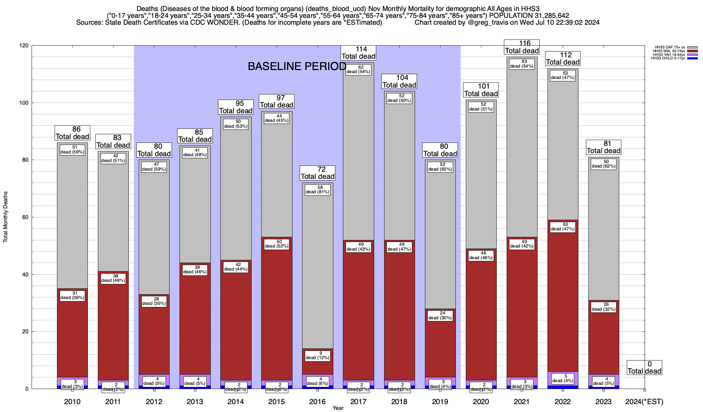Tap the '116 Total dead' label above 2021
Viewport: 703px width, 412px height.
pyautogui.click(x=522, y=47)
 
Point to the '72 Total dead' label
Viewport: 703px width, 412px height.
pyautogui.click(x=318, y=173)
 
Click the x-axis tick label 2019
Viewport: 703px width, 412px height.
pyautogui.click(x=440, y=402)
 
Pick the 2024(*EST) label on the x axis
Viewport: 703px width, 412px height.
pyautogui.click(x=644, y=402)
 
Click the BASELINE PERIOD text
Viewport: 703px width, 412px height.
pyautogui.click(x=297, y=66)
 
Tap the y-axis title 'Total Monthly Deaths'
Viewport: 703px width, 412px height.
pyautogui.click(x=5, y=217)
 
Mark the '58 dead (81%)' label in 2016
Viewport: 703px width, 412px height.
pyautogui.click(x=318, y=190)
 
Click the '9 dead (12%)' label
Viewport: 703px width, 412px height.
pyautogui.click(x=318, y=355)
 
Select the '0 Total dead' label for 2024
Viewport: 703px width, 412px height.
pyautogui.click(x=644, y=367)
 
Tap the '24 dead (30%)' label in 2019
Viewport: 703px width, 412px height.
pyautogui.click(x=440, y=316)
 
